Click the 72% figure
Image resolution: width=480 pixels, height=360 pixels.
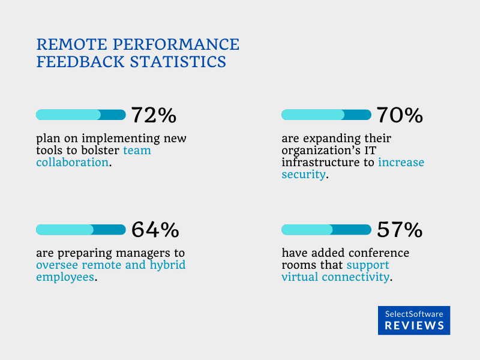pyautogui.click(x=154, y=115)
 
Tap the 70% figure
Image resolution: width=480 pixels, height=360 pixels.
pyautogui.click(x=400, y=115)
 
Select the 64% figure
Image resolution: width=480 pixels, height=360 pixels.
pyautogui.click(x=155, y=229)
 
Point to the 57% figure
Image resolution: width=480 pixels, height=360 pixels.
pyautogui.click(x=400, y=229)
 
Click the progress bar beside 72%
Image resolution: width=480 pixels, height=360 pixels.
pyautogui.click(x=81, y=115)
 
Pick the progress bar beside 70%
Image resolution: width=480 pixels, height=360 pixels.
pyautogui.click(x=326, y=115)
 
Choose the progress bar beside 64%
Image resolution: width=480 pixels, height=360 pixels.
pyautogui.click(x=81, y=229)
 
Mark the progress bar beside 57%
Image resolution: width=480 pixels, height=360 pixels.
pyautogui.click(x=326, y=229)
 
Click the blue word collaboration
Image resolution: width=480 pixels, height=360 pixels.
pyautogui.click(x=73, y=162)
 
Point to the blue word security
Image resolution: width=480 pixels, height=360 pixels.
pyautogui.click(x=304, y=174)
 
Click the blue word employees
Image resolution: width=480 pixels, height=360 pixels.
pyautogui.click(x=65, y=277)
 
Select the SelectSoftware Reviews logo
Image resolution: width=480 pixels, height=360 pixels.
pyautogui.click(x=414, y=320)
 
